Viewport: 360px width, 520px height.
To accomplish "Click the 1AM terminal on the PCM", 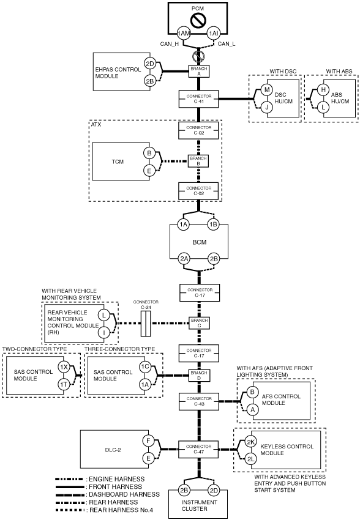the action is [184, 33].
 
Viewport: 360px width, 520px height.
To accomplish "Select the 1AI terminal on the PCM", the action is [214, 33].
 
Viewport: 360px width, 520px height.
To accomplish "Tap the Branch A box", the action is [199, 72].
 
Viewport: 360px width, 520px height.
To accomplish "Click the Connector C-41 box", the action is [199, 99].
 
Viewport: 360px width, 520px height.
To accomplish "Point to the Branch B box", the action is [198, 161].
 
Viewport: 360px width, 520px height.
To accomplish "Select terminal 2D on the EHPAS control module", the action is [150, 64].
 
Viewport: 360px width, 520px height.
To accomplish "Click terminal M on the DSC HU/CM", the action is [267, 89].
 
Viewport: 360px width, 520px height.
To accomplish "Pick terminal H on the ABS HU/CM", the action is [323, 89].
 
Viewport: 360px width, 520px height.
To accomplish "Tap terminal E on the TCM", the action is [149, 171].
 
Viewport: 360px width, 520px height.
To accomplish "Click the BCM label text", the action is [200, 242].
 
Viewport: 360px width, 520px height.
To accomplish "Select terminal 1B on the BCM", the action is [213, 225].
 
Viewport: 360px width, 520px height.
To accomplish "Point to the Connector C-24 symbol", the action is [146, 324].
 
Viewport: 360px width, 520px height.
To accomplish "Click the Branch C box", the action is [199, 323].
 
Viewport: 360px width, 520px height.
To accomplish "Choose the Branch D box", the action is [199, 376].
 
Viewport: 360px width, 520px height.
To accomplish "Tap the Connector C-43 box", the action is [199, 401].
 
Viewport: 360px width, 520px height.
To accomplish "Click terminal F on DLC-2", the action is [148, 440].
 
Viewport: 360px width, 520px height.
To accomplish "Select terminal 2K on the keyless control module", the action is [251, 442].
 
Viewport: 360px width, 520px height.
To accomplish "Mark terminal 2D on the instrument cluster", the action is [214, 491].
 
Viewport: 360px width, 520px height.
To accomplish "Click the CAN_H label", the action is [169, 44].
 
